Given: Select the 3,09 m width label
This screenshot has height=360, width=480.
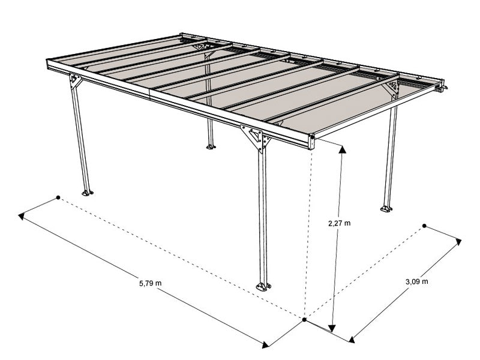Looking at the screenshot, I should [416, 281].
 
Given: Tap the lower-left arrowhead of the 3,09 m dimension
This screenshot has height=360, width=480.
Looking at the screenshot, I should [351, 337].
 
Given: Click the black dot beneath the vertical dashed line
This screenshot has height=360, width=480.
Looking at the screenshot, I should [305, 320].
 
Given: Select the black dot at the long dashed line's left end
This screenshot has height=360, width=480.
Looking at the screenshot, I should [58, 197].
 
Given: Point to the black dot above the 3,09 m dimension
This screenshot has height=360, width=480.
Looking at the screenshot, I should [424, 226].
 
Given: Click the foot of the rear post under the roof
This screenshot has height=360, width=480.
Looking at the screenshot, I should [211, 146].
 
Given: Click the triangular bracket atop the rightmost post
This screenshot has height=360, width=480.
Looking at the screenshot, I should [393, 88].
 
